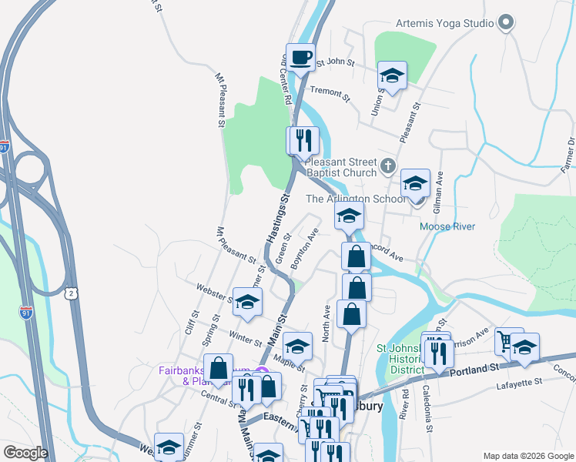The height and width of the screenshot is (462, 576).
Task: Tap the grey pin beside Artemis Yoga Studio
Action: [506, 23]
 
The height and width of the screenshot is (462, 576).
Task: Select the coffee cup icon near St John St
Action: [300, 57]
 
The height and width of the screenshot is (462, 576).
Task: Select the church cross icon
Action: [388, 164]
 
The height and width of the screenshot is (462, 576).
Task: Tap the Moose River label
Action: [447, 226]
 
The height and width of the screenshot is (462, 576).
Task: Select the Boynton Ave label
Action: [304, 247]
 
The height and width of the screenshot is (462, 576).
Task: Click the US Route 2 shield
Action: [71, 293]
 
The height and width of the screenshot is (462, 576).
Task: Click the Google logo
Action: [25, 453]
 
